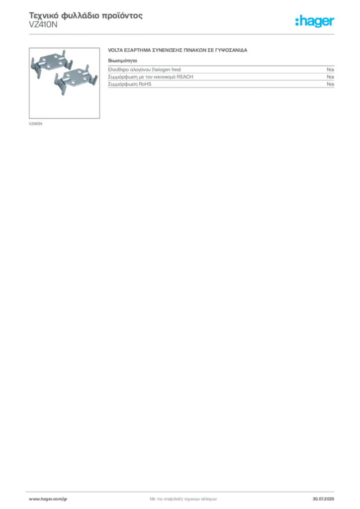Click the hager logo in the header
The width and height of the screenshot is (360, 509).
click(315, 21)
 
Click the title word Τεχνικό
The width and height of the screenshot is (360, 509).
click(44, 15)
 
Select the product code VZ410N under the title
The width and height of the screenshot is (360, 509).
click(43, 25)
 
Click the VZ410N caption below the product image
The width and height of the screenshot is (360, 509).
click(35, 124)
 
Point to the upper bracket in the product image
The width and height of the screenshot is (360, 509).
click(51, 63)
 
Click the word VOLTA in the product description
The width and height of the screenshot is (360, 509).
click(115, 50)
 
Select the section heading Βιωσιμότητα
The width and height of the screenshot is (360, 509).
click(122, 61)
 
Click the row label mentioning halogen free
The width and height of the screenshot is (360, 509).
click(145, 70)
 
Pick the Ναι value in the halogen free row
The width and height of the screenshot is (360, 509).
click(331, 70)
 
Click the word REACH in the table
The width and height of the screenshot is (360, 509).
click(184, 77)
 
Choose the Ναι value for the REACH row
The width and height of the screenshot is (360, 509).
click(331, 77)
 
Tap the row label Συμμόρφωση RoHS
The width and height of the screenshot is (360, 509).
click(129, 84)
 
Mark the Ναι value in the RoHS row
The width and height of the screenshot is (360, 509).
click(331, 84)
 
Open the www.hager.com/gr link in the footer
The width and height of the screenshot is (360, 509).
click(48, 499)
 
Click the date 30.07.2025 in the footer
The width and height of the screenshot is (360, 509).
click(323, 499)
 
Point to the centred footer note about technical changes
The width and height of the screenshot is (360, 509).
click(183, 499)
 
